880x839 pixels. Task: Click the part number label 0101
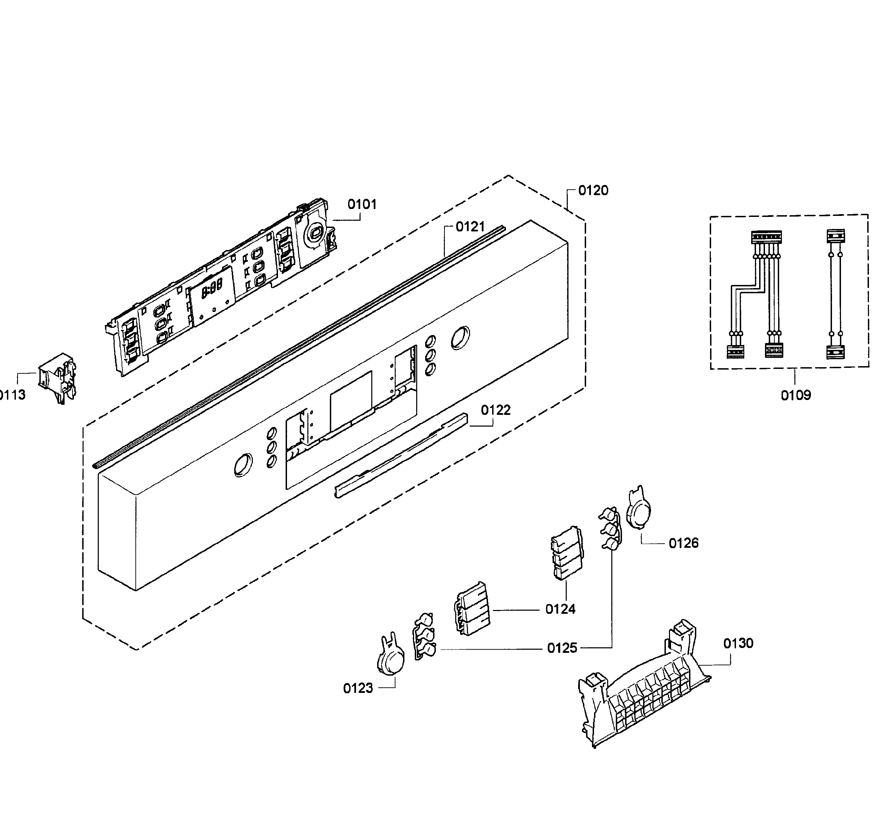click(362, 204)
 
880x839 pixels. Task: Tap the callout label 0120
click(593, 191)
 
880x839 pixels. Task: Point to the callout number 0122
click(496, 410)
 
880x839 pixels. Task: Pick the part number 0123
click(358, 688)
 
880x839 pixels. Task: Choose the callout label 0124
click(560, 609)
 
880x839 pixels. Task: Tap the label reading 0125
click(562, 648)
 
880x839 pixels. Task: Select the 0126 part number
click(684, 543)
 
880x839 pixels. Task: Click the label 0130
click(738, 643)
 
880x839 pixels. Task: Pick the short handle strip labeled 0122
click(402, 454)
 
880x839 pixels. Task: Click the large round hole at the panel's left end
click(243, 465)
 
